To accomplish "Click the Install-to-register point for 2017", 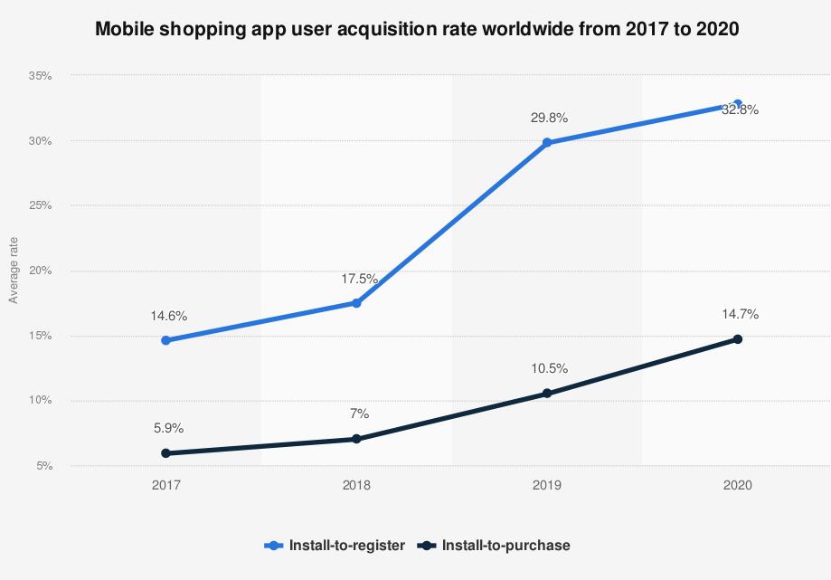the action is coord(165,340).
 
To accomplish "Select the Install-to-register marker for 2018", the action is coord(356,303).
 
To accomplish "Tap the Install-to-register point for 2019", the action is coord(547,143).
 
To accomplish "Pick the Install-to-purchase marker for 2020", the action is coord(738,338).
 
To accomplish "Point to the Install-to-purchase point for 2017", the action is coord(165,453).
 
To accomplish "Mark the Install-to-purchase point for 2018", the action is coord(356,439).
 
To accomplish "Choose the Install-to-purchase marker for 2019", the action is coord(547,394).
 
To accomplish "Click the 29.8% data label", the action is coord(550,118).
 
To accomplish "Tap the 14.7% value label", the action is coord(741,314).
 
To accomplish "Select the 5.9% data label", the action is coord(168,428).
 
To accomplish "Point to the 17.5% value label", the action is coord(359,279).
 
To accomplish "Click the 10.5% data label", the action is coord(550,368).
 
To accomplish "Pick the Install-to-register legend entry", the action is coord(335,546).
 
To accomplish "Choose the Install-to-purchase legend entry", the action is coord(494,546).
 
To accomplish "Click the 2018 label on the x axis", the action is coord(356,485).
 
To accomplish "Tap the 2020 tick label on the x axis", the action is coord(738,485).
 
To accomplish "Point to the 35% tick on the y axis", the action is coord(41,76).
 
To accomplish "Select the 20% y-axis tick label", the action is coord(41,271).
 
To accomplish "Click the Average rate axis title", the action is coord(14,271).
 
